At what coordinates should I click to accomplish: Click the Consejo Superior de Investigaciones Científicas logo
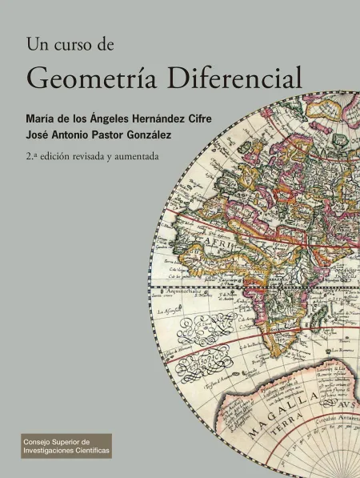coord(66,446)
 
